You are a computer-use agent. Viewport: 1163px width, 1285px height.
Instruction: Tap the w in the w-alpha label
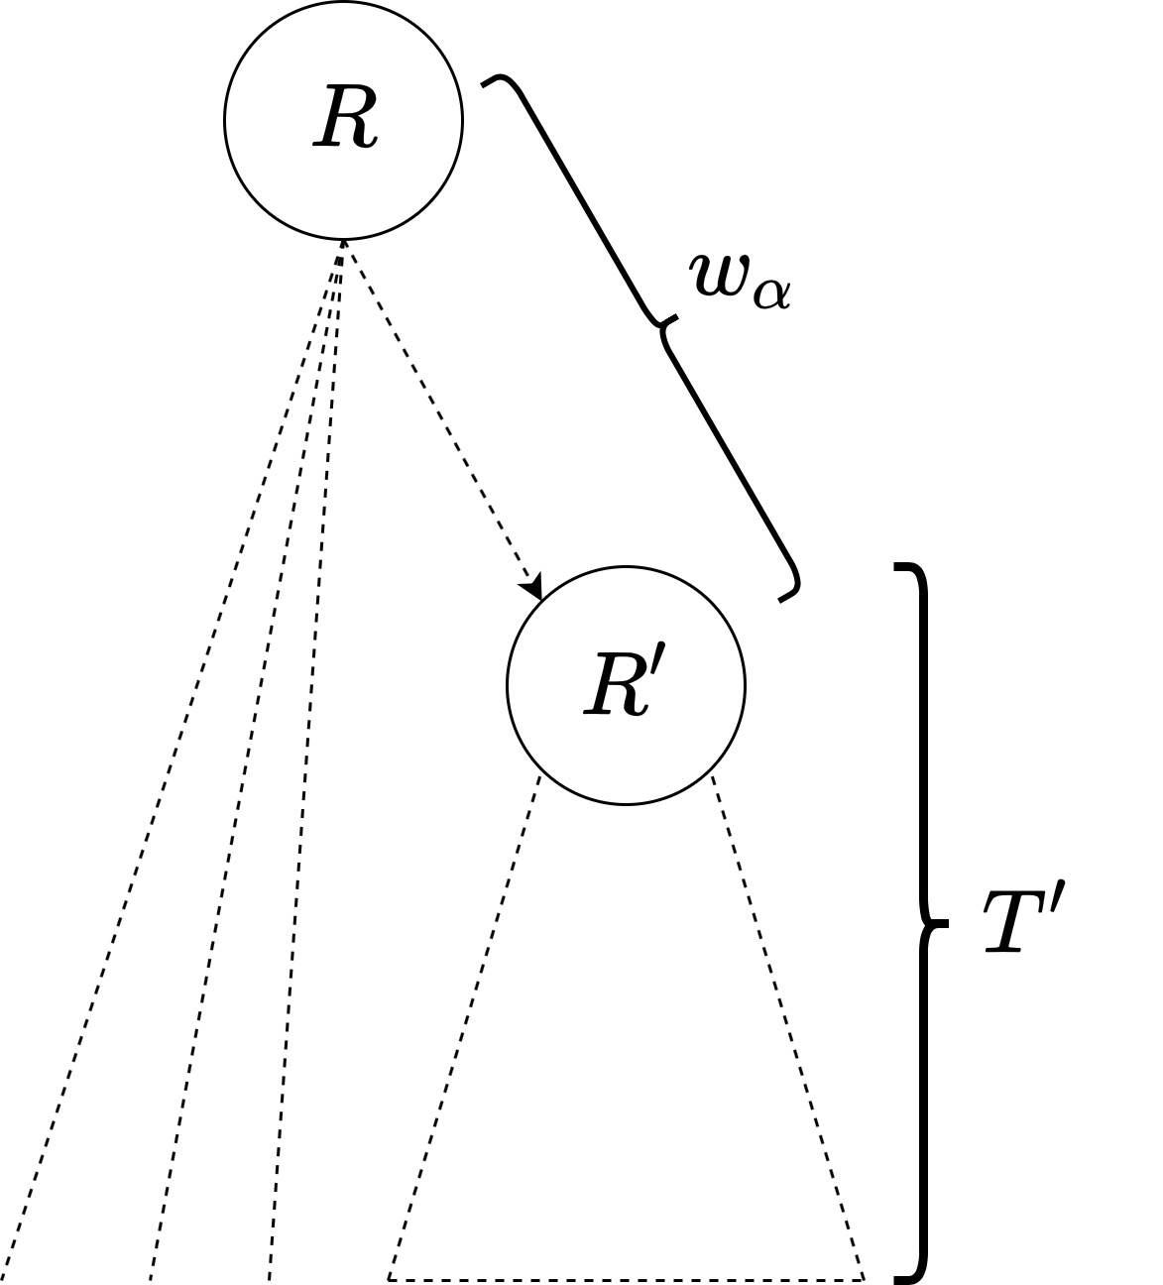[721, 276]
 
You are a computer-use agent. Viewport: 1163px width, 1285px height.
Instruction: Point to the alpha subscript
[771, 294]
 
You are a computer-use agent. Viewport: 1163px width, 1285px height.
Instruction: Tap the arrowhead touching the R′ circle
[536, 588]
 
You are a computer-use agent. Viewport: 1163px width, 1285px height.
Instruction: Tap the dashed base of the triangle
[625, 1279]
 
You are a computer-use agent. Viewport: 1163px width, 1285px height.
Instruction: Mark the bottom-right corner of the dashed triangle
[864, 1278]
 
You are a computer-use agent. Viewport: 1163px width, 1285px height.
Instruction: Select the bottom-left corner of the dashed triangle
[389, 1278]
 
